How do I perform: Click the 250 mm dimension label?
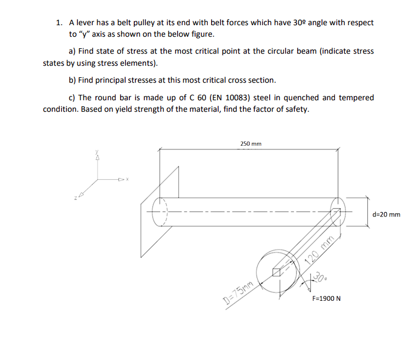click(x=251, y=144)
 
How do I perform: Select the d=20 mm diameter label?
click(x=386, y=214)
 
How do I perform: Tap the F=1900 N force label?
click(x=326, y=299)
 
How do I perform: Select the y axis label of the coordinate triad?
click(x=98, y=153)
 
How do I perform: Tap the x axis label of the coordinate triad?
click(x=128, y=179)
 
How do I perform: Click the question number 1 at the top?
click(x=58, y=23)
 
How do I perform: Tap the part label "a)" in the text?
click(x=72, y=52)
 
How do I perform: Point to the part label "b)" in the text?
click(x=72, y=80)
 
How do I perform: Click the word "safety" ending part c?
click(x=297, y=109)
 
